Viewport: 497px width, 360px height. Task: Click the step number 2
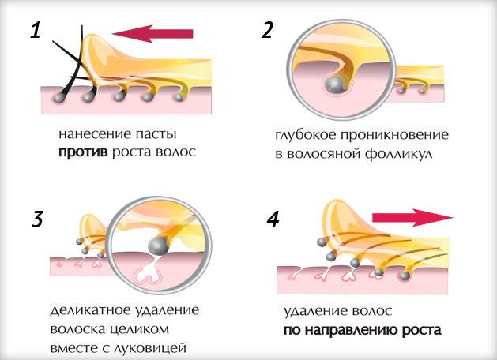(267, 31)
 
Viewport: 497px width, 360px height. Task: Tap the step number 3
(37, 219)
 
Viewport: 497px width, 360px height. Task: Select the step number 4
(273, 219)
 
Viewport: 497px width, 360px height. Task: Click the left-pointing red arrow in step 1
(152, 34)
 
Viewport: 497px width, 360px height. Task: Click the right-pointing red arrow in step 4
(412, 218)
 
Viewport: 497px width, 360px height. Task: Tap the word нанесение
(95, 133)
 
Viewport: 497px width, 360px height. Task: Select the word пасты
(156, 134)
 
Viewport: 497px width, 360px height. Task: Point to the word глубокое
(305, 135)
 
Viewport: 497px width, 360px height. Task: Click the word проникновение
(394, 135)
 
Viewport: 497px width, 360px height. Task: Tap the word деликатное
(90, 310)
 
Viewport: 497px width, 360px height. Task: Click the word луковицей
(149, 348)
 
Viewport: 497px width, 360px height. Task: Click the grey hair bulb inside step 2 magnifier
(335, 84)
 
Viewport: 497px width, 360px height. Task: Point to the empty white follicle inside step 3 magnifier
(149, 272)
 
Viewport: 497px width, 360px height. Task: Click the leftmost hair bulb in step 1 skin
(59, 98)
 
